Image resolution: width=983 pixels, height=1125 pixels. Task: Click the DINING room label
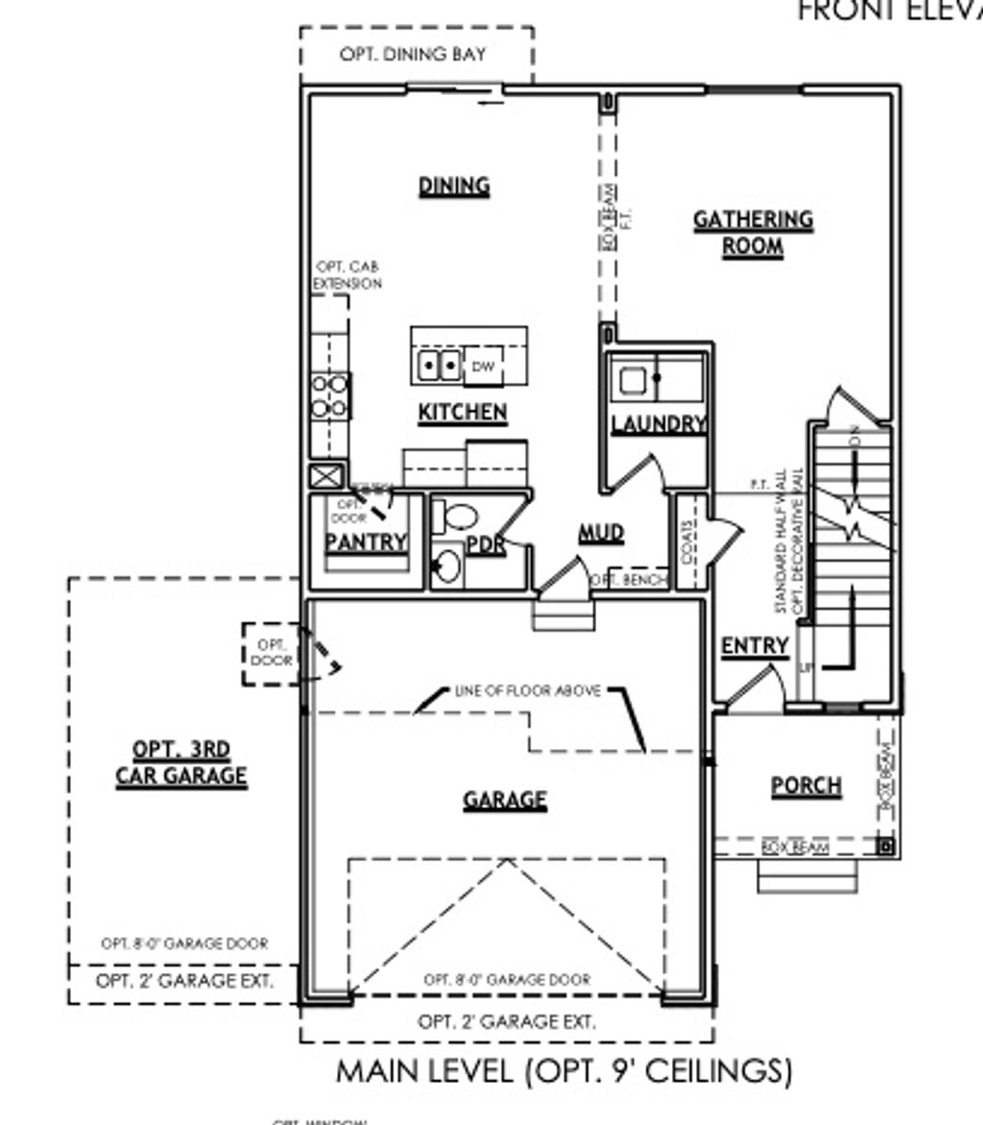(x=454, y=185)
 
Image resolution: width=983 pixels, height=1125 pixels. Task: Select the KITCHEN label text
(x=463, y=413)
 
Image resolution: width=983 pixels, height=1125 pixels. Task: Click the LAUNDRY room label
(x=659, y=423)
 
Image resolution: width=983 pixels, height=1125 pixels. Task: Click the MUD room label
(x=601, y=533)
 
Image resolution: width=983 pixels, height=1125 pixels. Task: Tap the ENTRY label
(x=755, y=647)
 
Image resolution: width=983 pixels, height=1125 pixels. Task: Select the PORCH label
(x=806, y=786)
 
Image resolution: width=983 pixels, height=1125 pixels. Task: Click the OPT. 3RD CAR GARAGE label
(x=181, y=763)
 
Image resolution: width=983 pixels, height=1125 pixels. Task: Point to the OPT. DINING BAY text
(x=413, y=55)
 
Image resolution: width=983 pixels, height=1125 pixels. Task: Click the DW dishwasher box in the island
(x=482, y=366)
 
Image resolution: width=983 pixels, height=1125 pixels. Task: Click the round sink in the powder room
(x=446, y=566)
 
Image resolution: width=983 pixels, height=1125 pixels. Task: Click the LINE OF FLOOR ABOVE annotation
(x=527, y=690)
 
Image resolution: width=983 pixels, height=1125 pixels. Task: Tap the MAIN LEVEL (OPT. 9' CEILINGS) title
(x=564, y=1071)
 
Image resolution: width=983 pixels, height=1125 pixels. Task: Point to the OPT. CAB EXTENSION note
(x=348, y=275)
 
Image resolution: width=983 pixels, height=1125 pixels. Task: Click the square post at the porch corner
(x=886, y=847)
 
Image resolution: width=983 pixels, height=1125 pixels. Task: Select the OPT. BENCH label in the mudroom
(x=630, y=581)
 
